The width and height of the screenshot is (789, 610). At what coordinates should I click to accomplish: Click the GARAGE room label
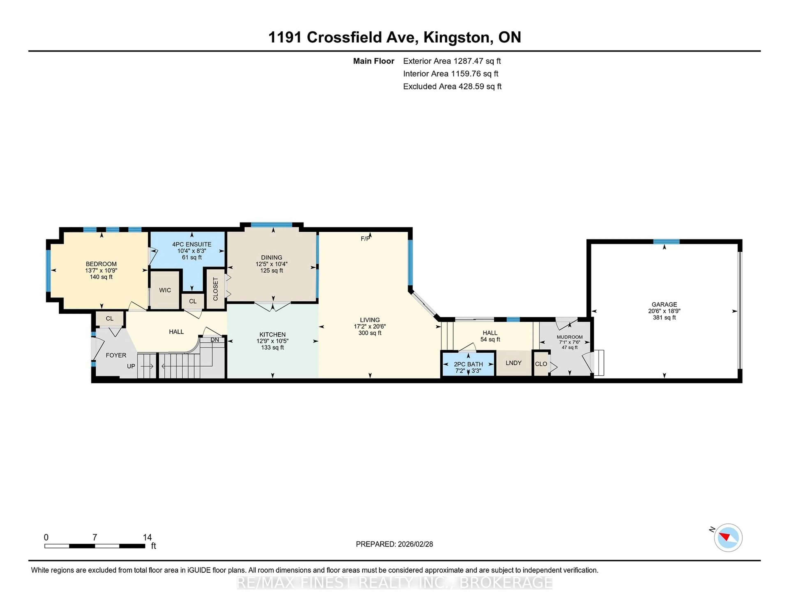click(x=664, y=304)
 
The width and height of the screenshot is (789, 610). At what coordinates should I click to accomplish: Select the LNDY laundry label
click(x=513, y=363)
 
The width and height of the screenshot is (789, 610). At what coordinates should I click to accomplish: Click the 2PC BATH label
click(x=468, y=364)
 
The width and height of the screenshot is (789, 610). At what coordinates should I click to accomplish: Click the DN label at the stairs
click(x=215, y=340)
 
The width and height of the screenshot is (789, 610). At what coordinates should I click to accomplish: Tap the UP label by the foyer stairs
click(x=131, y=366)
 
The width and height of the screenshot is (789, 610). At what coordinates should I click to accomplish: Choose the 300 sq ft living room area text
click(x=370, y=333)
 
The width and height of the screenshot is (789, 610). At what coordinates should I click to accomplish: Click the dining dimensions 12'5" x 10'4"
click(x=271, y=264)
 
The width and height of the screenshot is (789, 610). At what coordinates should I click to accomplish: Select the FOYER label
click(x=116, y=355)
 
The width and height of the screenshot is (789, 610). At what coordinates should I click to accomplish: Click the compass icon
click(x=728, y=537)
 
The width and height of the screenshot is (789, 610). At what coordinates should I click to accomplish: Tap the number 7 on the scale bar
click(x=95, y=537)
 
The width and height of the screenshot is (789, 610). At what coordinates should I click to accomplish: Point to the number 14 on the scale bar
click(x=147, y=537)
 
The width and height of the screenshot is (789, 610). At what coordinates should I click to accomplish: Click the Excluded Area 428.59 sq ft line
click(x=452, y=86)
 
